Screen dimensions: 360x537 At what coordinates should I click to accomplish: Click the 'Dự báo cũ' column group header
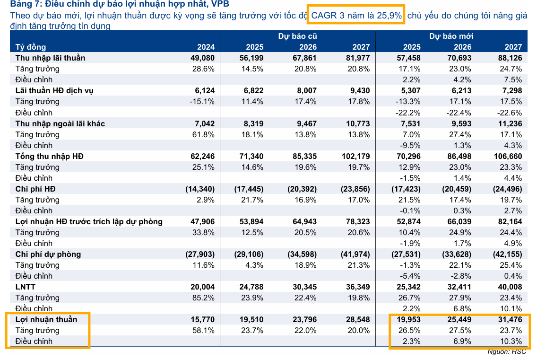[x=297, y=36]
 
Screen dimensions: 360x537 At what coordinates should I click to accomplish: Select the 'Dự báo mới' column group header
[x=451, y=36]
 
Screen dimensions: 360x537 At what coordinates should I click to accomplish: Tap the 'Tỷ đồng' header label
[x=31, y=47]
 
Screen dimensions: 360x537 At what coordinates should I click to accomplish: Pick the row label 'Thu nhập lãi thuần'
[x=50, y=58]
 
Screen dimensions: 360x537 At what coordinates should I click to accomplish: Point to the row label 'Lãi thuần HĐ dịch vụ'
[x=54, y=90]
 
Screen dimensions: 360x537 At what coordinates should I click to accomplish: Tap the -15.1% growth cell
[x=203, y=101]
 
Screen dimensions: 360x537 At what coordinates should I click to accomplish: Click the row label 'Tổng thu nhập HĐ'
[x=49, y=156]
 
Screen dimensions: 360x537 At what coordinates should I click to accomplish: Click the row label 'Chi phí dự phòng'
[x=48, y=254]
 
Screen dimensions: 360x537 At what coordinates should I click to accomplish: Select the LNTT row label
[x=26, y=287]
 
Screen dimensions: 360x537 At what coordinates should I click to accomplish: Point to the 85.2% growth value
[x=204, y=298]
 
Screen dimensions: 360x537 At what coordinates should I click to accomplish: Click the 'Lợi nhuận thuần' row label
[x=46, y=319]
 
